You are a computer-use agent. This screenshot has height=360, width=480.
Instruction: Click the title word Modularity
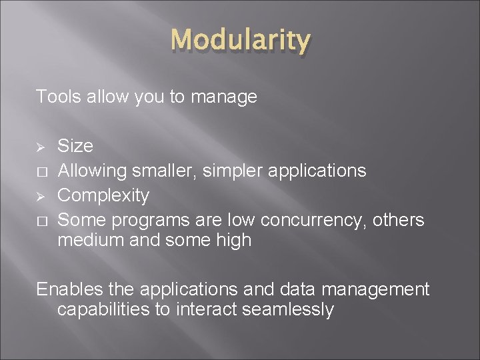[240, 41]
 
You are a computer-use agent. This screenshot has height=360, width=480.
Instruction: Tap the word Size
[75, 146]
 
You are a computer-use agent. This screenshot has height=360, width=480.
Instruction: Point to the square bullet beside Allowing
[41, 171]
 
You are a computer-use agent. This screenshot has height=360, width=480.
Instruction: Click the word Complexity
[103, 196]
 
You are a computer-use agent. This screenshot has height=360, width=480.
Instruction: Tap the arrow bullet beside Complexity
[41, 196]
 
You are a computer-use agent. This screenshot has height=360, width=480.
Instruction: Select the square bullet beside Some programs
[41, 221]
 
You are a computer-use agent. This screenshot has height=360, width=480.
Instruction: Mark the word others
[399, 220]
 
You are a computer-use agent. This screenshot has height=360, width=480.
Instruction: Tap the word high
[232, 241]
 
